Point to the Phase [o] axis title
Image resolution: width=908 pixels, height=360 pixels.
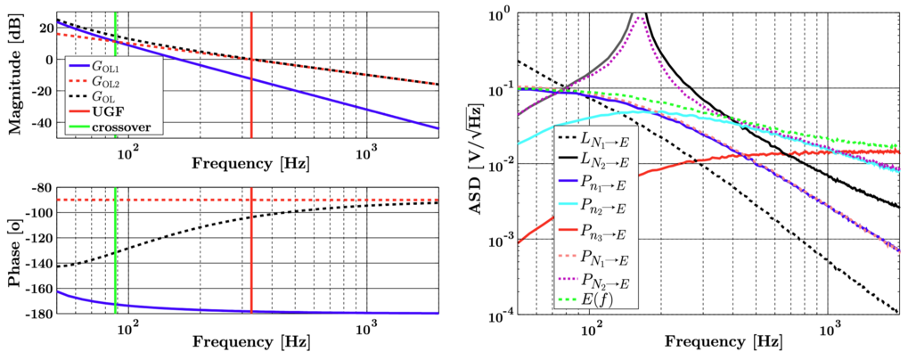(x=16, y=250)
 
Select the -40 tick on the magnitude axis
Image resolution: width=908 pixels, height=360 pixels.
(x=42, y=121)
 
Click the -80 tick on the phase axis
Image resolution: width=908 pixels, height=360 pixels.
(x=40, y=188)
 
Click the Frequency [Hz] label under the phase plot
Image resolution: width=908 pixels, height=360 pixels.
(x=245, y=342)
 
